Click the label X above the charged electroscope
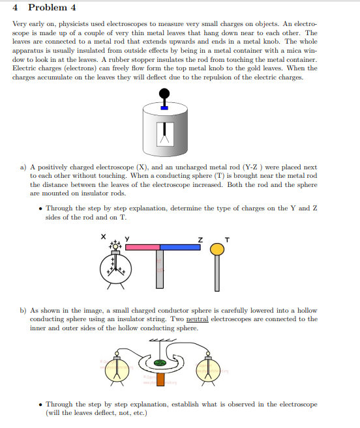click(102, 238)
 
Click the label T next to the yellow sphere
click(226, 238)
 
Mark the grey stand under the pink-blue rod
click(160, 270)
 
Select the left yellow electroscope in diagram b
click(117, 371)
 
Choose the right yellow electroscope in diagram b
click(210, 371)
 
